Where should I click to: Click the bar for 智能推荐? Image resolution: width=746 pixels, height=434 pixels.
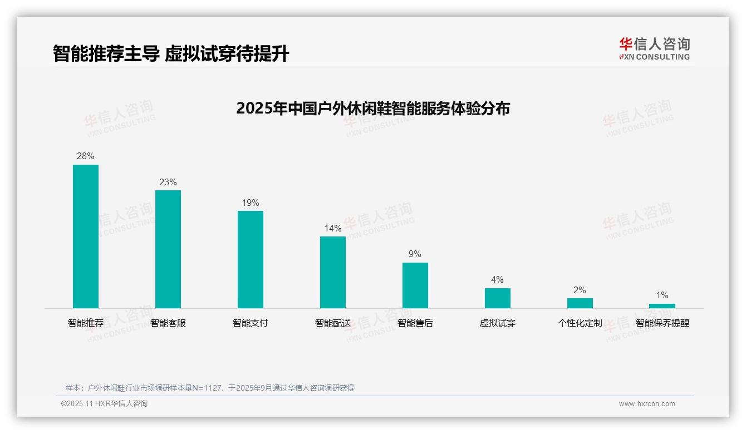pyautogui.click(x=86, y=236)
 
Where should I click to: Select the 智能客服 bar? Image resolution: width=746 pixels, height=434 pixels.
pyautogui.click(x=168, y=249)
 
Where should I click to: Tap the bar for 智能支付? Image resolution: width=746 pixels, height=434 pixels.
pyautogui.click(x=251, y=259)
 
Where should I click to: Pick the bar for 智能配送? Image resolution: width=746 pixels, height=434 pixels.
pyautogui.click(x=333, y=272)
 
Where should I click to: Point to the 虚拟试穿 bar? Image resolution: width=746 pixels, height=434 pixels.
pyautogui.click(x=498, y=298)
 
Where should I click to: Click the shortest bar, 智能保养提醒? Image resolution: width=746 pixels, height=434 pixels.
pyautogui.click(x=662, y=306)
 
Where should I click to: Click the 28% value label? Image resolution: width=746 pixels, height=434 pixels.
pyautogui.click(x=86, y=156)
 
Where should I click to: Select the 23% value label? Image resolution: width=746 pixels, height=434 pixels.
pyautogui.click(x=168, y=183)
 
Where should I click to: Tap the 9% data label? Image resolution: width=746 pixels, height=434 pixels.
pyautogui.click(x=415, y=254)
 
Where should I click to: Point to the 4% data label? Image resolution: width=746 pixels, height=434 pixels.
pyautogui.click(x=497, y=280)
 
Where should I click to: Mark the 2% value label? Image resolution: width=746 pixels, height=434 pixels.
pyautogui.click(x=580, y=290)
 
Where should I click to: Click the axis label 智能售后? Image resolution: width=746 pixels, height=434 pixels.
pyautogui.click(x=415, y=323)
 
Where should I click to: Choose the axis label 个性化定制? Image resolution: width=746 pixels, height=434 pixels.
pyautogui.click(x=580, y=323)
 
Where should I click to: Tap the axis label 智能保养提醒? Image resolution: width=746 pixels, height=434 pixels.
pyautogui.click(x=662, y=323)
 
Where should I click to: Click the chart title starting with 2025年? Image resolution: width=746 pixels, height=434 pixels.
pyautogui.click(x=373, y=108)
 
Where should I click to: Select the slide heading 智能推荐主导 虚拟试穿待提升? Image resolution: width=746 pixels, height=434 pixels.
pyautogui.click(x=171, y=54)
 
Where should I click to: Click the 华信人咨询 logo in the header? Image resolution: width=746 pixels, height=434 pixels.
pyautogui.click(x=654, y=48)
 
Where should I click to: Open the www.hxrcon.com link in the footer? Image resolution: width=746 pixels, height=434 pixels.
pyautogui.click(x=647, y=404)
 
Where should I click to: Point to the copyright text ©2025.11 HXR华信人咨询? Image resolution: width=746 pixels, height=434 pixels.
pyautogui.click(x=104, y=404)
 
